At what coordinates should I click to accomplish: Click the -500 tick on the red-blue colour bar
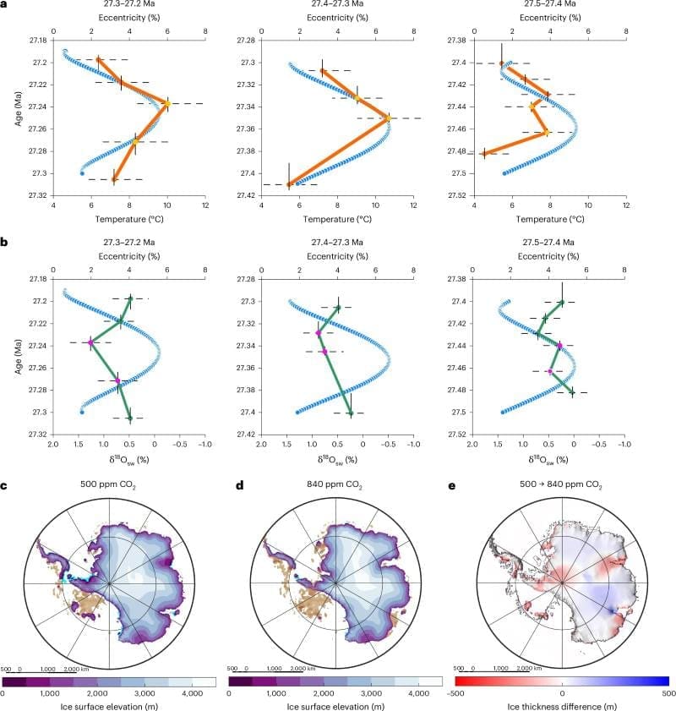pyautogui.click(x=456, y=691)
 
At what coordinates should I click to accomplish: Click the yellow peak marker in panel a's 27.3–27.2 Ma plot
pyautogui.click(x=167, y=103)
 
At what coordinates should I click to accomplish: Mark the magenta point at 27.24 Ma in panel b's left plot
pyautogui.click(x=90, y=342)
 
